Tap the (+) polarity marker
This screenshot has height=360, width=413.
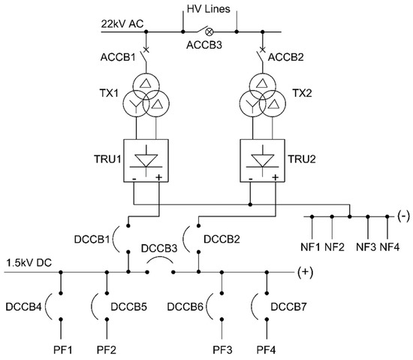306,272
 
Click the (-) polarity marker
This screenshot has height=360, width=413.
402,216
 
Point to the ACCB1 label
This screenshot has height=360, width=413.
118,56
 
